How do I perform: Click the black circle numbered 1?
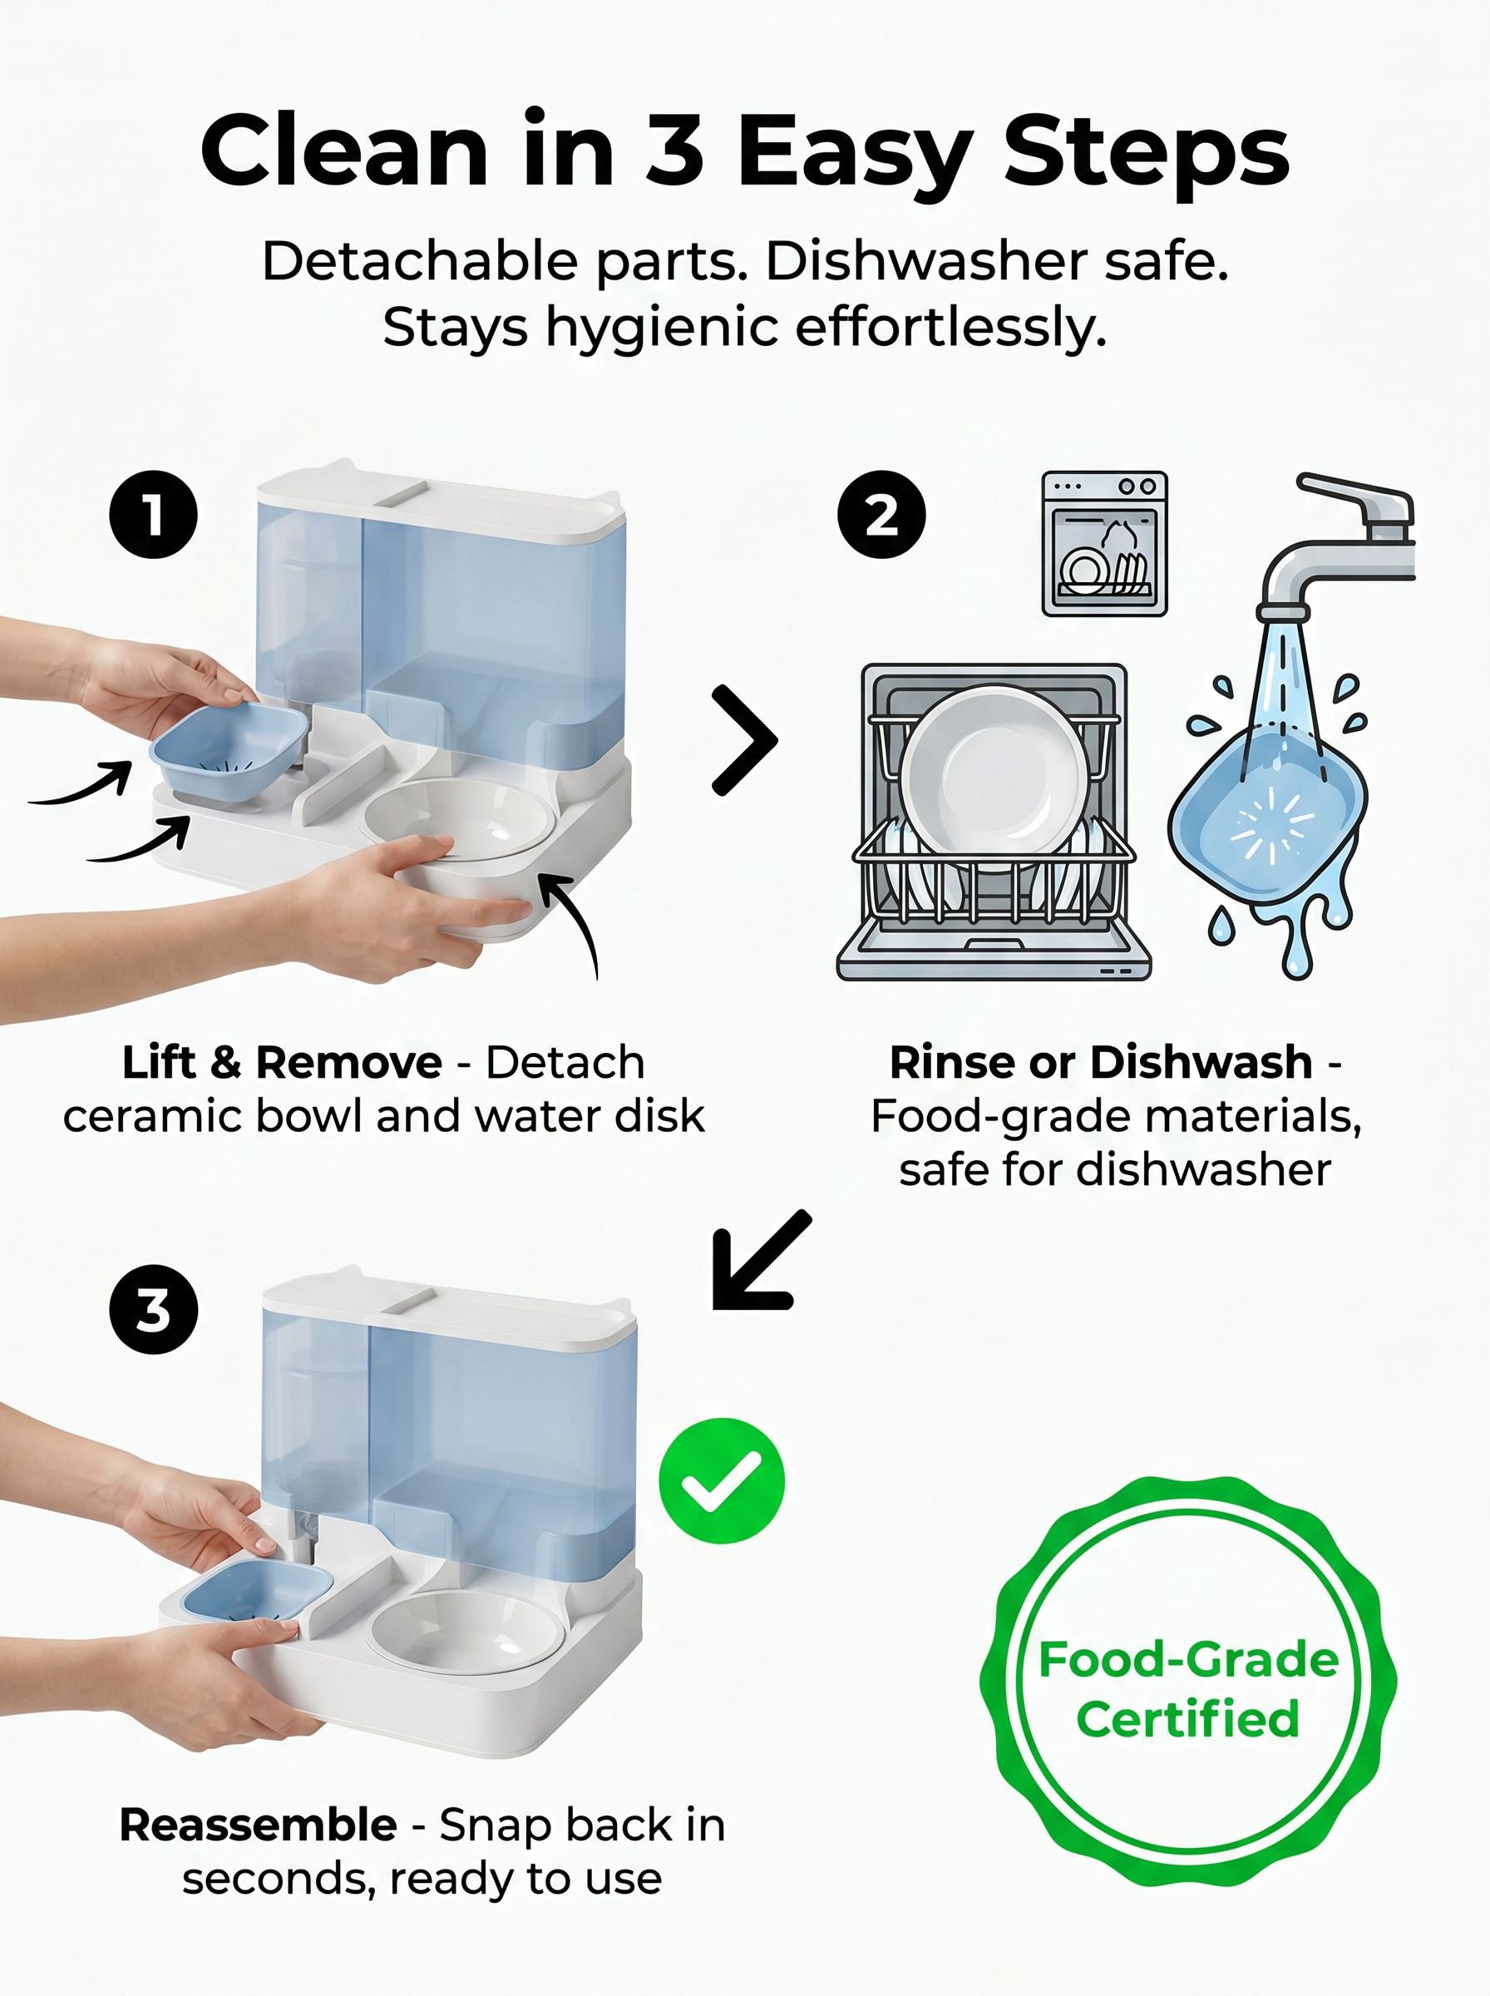pos(153,514)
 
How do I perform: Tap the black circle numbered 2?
pos(881,514)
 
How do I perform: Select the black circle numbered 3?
pos(153,1309)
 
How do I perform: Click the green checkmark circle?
pos(722,1480)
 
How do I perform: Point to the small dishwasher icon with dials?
pos(1104,544)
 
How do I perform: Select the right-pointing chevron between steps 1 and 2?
pos(744,739)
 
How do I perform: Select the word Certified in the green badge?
pos(1188,1718)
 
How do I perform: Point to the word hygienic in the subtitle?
pos(661,329)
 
